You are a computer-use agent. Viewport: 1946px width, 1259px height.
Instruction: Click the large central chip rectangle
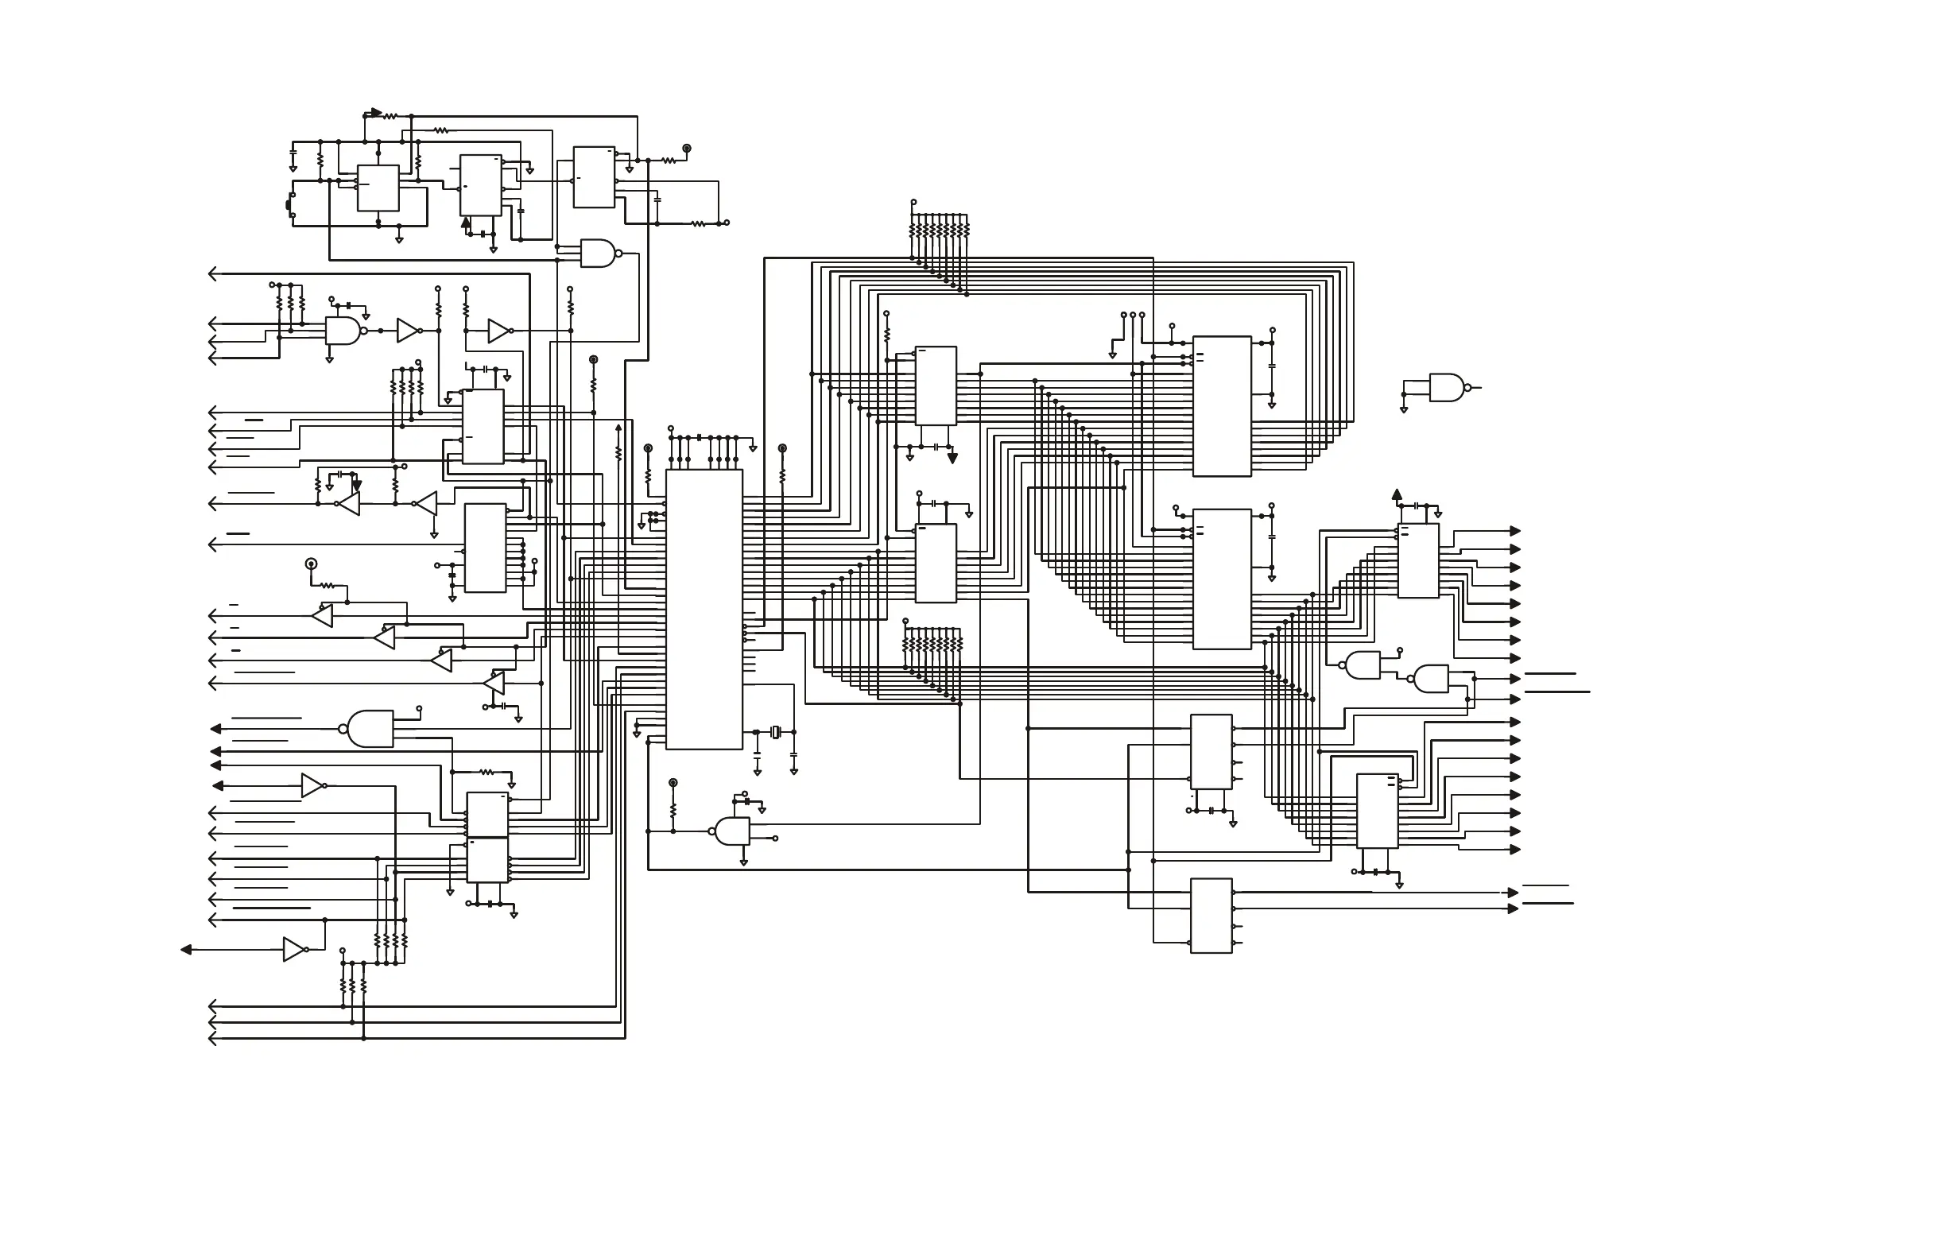(x=704, y=609)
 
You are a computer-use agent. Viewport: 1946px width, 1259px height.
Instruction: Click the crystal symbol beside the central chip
(x=776, y=732)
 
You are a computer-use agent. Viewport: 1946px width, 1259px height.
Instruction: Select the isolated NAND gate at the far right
(x=1447, y=388)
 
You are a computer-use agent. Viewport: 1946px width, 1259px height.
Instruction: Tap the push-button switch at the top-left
(x=289, y=203)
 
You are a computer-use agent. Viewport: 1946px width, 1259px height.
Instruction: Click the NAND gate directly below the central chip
(x=733, y=831)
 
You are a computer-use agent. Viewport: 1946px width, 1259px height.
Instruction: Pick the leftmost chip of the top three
(x=378, y=188)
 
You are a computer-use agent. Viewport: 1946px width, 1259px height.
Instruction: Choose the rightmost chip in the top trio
(x=594, y=177)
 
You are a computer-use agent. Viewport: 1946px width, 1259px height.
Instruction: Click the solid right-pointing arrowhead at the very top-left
(x=376, y=113)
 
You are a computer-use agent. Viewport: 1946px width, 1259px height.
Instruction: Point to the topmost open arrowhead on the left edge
(x=212, y=274)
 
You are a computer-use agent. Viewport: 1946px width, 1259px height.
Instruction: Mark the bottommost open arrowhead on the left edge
(x=212, y=1039)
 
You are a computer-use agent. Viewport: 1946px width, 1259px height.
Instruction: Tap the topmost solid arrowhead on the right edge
(x=1515, y=532)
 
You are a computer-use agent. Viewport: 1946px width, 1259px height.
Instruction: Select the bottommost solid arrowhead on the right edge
(x=1514, y=908)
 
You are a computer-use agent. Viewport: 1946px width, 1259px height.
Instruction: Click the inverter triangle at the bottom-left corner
(x=294, y=949)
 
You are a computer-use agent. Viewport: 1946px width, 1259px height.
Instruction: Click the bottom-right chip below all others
(x=1211, y=916)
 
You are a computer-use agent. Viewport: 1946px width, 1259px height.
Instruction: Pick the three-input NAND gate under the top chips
(x=598, y=254)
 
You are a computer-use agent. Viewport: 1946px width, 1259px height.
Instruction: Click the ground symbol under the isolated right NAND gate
(x=1404, y=409)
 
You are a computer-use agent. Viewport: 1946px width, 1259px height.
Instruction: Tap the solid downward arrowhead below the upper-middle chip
(x=952, y=459)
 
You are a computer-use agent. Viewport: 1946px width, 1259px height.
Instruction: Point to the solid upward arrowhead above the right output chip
(x=1397, y=494)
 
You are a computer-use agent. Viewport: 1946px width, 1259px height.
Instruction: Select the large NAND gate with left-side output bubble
(x=370, y=728)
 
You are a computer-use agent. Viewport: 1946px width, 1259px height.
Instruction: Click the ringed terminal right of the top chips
(x=687, y=149)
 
